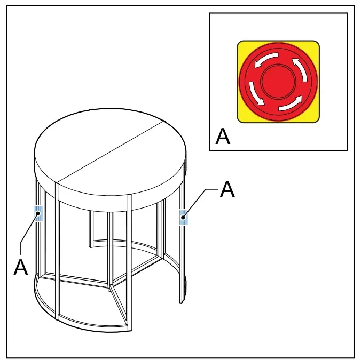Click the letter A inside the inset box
(x=223, y=137)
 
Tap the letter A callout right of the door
(x=227, y=189)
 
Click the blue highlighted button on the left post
(x=38, y=213)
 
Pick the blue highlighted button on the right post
(x=184, y=217)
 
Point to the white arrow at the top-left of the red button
(x=266, y=60)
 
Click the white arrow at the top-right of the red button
(x=301, y=69)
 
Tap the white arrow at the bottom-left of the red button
(x=256, y=93)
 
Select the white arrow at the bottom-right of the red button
(x=291, y=103)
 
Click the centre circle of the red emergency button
(x=278, y=82)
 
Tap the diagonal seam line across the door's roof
(x=111, y=151)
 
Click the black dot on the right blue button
(x=183, y=217)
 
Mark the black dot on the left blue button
(x=38, y=213)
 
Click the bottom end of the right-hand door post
(x=182, y=303)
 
